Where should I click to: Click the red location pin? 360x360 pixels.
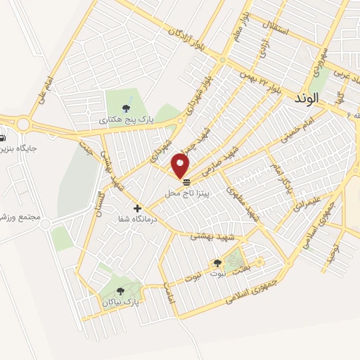point(181,165)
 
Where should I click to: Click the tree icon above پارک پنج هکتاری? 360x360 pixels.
point(126,108)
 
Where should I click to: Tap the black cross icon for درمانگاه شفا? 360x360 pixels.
point(137,208)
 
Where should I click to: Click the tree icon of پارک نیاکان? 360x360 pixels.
point(120,290)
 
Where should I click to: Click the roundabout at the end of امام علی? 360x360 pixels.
point(23,124)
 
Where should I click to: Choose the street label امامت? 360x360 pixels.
point(168,292)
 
